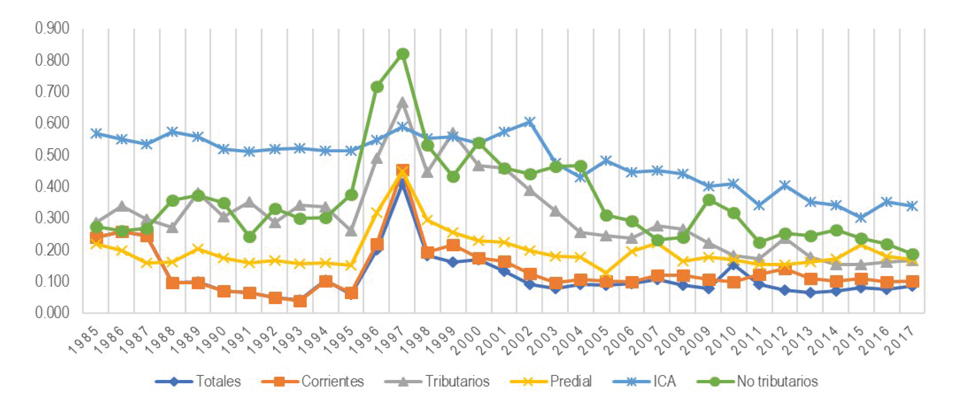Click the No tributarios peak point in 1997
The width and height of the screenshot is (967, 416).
coord(403,54)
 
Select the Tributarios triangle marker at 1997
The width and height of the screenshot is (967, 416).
coord(402,102)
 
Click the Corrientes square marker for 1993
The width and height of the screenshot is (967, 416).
coord(300,301)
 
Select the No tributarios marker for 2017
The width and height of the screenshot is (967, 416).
coord(913,254)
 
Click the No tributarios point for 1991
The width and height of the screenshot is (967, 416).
coord(250,237)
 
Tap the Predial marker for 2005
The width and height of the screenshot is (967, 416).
coord(606,273)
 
